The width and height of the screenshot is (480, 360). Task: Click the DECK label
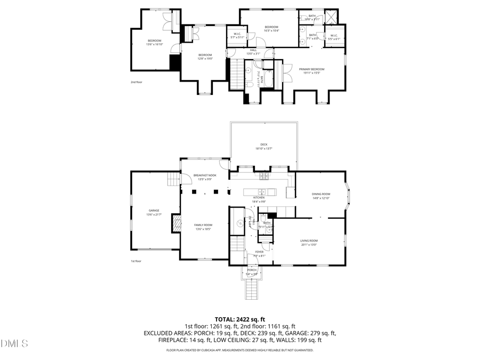263,145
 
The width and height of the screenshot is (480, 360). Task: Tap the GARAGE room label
154,211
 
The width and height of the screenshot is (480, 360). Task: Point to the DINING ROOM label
321,194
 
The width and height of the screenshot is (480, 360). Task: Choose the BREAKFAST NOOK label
205,175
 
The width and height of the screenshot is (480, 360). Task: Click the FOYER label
259,252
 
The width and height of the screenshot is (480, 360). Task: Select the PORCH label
252,270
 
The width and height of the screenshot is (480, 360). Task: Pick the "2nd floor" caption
137,82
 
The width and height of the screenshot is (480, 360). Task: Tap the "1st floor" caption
136,261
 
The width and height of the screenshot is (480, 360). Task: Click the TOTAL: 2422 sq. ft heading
239,318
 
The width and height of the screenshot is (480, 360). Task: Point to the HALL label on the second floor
253,50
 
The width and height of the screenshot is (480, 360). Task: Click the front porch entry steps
251,290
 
